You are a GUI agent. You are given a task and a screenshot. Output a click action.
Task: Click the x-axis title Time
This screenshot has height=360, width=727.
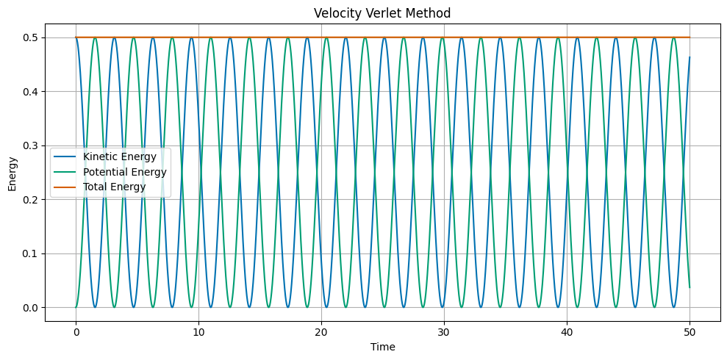click(x=382, y=347)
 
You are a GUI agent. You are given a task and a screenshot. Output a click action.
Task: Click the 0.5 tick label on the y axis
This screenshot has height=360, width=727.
click(x=32, y=37)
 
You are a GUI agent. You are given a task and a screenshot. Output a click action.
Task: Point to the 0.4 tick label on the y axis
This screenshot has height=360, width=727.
click(x=32, y=92)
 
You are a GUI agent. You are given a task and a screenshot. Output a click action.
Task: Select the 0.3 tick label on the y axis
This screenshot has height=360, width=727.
click(x=32, y=145)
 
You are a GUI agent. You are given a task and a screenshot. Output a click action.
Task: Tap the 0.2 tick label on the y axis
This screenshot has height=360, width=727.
click(x=32, y=200)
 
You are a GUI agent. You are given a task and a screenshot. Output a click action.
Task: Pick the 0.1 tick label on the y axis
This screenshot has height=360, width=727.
click(x=32, y=253)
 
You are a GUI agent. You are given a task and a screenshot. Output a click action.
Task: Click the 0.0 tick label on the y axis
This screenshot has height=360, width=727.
click(x=32, y=308)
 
